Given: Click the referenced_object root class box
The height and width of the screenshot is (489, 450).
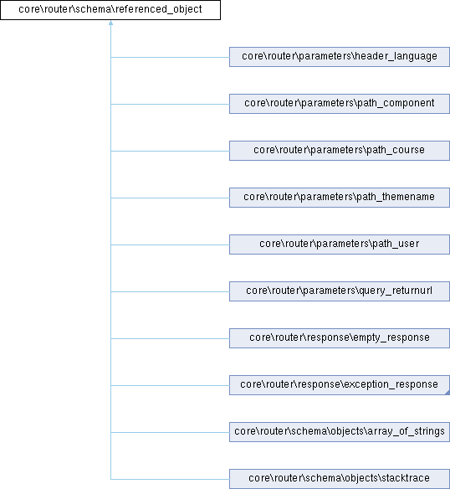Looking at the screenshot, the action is click(110, 10).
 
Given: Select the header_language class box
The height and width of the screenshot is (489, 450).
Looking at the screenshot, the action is click(340, 57).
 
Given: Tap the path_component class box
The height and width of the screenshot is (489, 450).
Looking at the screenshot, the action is click(340, 104).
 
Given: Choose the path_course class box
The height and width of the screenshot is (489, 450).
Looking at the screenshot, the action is click(340, 151).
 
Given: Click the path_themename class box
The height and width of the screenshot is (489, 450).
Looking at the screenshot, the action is click(340, 198).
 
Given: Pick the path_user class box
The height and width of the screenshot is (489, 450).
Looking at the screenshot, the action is click(340, 244).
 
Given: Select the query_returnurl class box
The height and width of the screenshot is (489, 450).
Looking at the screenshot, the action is click(340, 291).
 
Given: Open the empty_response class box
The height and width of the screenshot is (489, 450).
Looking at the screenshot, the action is click(340, 338).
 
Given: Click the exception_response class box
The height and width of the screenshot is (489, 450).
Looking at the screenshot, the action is click(340, 385).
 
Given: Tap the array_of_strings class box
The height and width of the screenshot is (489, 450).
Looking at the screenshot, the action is click(340, 432).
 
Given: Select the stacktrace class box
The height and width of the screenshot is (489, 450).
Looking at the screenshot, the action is click(340, 479).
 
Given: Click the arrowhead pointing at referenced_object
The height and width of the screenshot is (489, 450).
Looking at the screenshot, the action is click(110, 23).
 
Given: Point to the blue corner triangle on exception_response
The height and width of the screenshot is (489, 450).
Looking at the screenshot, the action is click(447, 393).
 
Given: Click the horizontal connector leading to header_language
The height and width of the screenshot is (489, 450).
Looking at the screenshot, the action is click(170, 57).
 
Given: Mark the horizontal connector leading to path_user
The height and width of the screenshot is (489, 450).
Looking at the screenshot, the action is click(170, 244).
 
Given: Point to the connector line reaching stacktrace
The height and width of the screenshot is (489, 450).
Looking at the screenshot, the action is click(170, 479).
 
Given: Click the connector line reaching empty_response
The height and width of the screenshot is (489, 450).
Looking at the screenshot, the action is click(170, 338).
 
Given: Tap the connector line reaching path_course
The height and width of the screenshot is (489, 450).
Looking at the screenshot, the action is click(170, 151).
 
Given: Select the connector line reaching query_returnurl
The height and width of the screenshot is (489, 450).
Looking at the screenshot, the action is click(170, 291).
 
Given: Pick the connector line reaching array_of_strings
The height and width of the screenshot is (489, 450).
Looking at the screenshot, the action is click(170, 432).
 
